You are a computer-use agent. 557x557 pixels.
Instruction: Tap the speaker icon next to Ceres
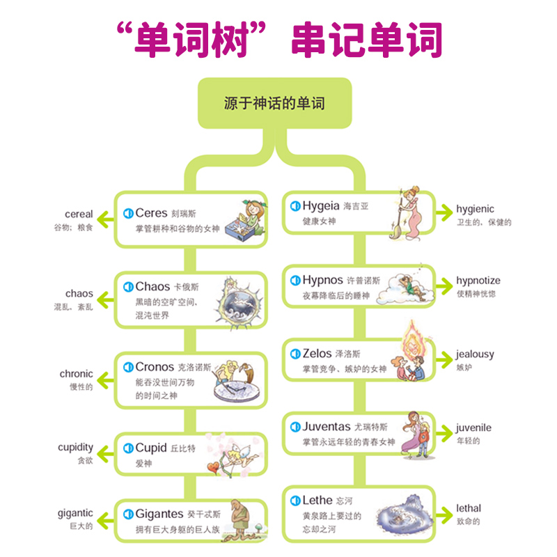(x=127, y=213)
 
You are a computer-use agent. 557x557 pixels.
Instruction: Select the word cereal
(x=79, y=214)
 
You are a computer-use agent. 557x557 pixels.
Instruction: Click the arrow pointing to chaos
(x=104, y=299)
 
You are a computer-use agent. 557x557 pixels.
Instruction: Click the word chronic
(x=76, y=374)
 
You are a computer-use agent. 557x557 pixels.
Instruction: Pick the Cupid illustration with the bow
(x=228, y=456)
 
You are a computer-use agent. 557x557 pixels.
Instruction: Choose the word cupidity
(x=75, y=447)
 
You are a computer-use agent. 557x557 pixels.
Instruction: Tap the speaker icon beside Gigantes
(x=127, y=514)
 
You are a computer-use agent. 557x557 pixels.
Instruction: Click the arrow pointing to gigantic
(x=104, y=519)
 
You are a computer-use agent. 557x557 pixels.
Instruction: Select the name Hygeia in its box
(x=321, y=205)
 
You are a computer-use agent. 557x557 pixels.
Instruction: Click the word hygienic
(x=475, y=208)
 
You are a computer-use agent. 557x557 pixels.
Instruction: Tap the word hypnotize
(x=478, y=281)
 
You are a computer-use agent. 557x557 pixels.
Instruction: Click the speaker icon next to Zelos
(x=295, y=354)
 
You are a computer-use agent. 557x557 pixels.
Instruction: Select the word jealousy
(x=475, y=354)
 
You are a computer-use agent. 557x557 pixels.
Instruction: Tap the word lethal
(x=468, y=508)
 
